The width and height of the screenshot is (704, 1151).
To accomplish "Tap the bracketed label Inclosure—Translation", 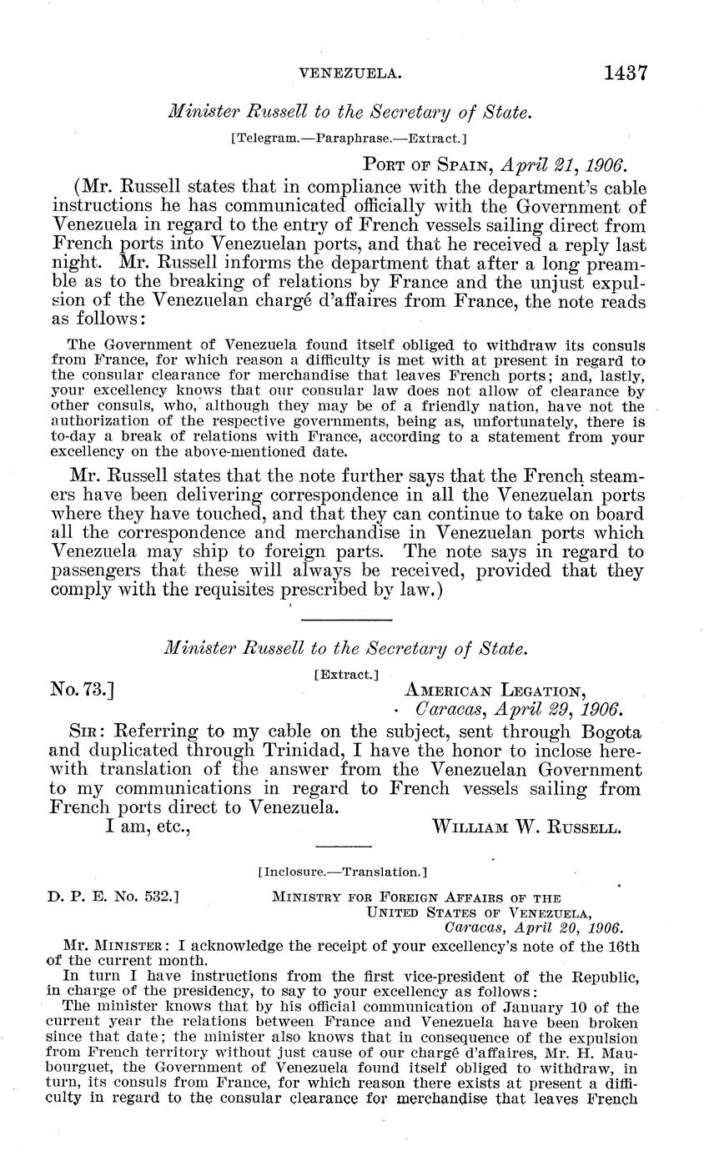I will click(343, 872).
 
